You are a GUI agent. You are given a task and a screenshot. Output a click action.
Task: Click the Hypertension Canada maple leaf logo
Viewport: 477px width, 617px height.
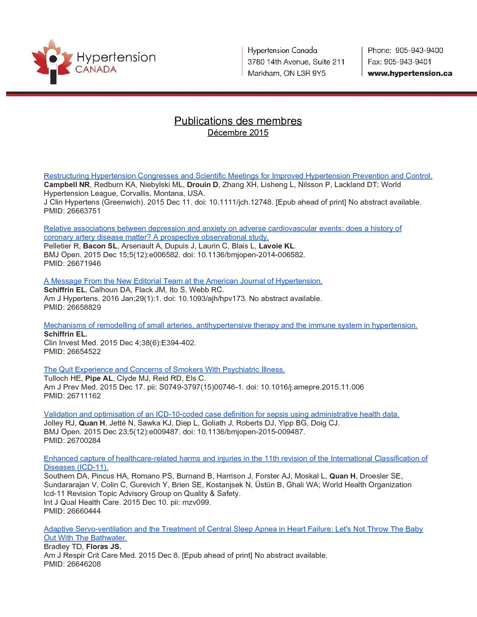[x=52, y=61]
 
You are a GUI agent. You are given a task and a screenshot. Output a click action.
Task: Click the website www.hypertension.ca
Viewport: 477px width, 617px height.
[x=409, y=73]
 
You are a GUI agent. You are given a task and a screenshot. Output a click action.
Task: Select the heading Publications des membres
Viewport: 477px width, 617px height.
[x=238, y=121]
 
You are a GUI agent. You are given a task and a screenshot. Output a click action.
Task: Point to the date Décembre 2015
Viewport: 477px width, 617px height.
[x=238, y=133]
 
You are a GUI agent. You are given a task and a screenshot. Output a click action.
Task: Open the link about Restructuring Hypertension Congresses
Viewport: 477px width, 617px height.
[x=238, y=176]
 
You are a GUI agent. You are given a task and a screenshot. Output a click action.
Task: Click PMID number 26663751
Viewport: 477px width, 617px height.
[x=84, y=211]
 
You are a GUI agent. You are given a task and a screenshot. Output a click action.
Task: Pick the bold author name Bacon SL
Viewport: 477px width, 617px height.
[x=100, y=246]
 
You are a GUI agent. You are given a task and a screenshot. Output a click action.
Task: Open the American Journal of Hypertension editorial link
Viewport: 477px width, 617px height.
[x=183, y=281]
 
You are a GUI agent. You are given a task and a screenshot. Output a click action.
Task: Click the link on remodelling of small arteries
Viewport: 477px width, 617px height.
[x=231, y=325]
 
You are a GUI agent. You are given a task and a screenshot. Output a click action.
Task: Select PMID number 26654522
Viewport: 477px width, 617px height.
[x=84, y=351]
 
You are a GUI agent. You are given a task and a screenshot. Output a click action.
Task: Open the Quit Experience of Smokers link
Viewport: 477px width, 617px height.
[x=164, y=369]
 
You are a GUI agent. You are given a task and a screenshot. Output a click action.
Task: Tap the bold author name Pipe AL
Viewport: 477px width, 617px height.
[x=99, y=378]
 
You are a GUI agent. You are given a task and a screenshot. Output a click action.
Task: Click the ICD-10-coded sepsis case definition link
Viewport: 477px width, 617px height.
[x=221, y=414]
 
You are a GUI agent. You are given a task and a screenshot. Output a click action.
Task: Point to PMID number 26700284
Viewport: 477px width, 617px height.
[x=84, y=440]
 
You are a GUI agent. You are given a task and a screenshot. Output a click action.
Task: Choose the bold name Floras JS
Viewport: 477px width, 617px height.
[x=103, y=546]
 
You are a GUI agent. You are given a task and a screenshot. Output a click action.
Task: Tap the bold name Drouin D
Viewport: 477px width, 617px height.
[x=203, y=184]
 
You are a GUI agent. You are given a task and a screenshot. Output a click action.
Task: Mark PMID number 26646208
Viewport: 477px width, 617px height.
[x=84, y=564]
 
